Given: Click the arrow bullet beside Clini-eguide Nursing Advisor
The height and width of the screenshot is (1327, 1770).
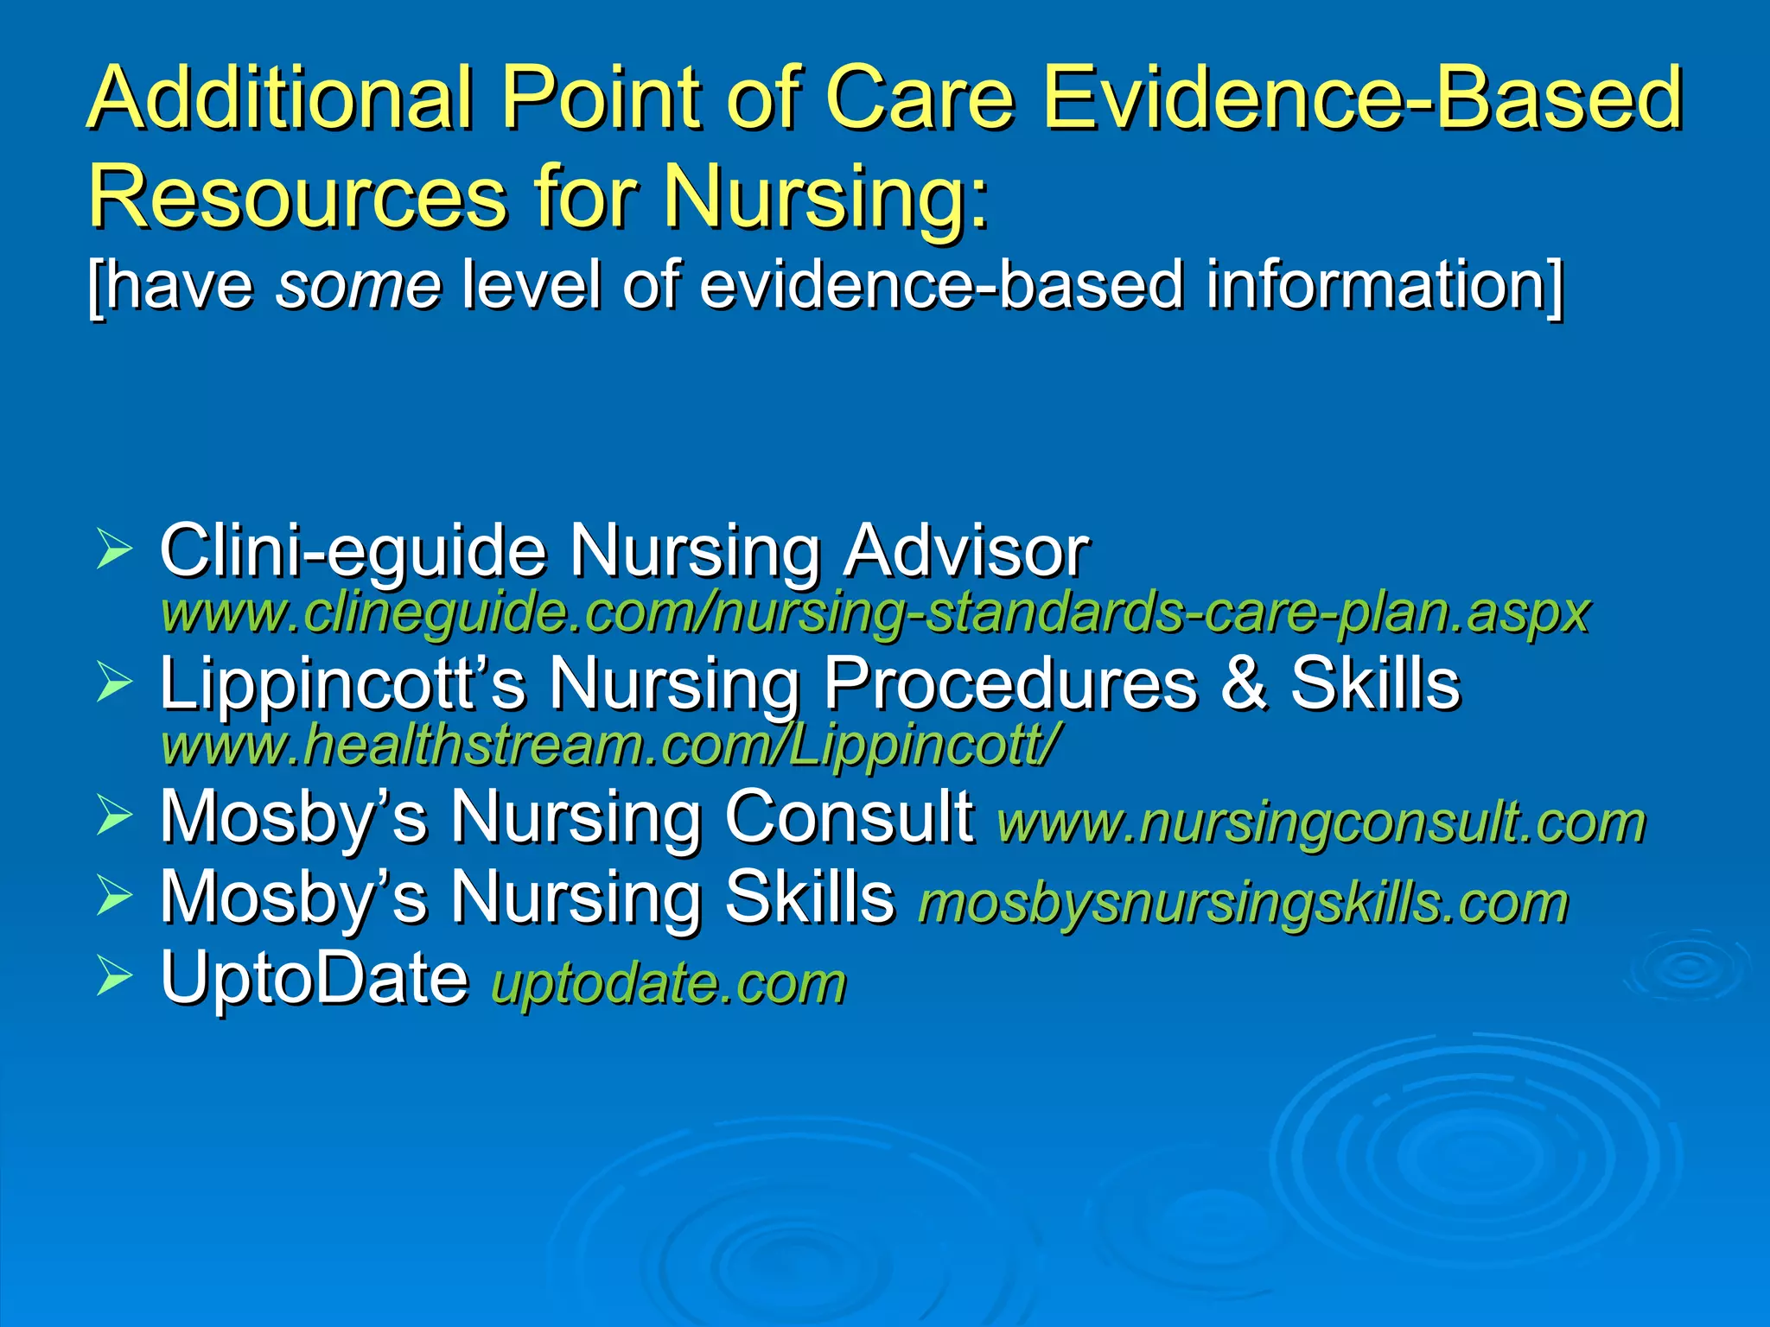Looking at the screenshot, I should tap(114, 550).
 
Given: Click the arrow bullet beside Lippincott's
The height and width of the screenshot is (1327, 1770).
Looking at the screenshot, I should tap(114, 683).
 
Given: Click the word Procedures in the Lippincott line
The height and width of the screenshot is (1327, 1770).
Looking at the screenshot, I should tap(1010, 683).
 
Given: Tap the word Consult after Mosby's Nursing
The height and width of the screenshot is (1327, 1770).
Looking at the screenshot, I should tap(849, 816).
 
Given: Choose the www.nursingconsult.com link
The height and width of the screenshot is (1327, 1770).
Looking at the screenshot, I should tap(1321, 822).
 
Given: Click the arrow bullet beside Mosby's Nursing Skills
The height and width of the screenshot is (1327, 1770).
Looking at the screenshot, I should tap(114, 896).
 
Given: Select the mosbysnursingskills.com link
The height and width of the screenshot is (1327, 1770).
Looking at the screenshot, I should tap(1243, 903).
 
